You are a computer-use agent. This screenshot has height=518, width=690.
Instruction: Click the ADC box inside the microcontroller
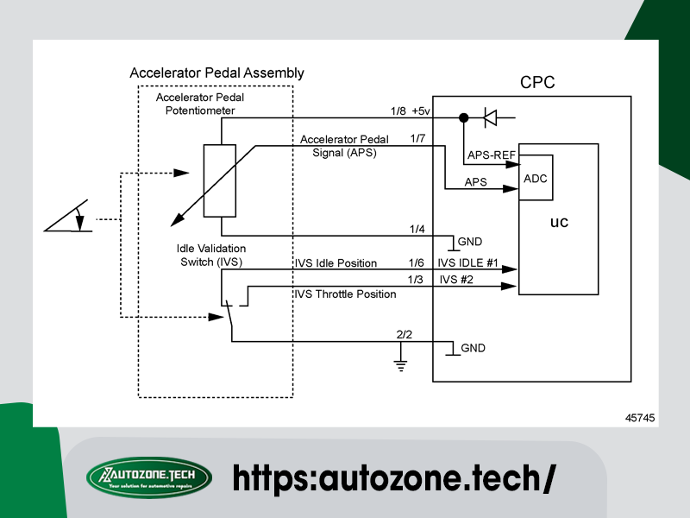pos(536,180)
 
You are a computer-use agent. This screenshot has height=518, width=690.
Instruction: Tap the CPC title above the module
pos(537,84)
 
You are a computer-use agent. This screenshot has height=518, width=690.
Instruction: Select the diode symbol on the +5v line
pos(490,117)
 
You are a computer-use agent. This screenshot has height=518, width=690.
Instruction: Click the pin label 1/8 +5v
pos(410,111)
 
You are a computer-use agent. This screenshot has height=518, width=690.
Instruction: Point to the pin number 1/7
pos(417,138)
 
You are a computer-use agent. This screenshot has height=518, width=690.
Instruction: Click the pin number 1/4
pos(417,229)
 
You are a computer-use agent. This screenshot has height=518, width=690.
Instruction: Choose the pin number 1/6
pos(417,262)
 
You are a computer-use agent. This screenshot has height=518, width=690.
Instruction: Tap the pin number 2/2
pos(404,332)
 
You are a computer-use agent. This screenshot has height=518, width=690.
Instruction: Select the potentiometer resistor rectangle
pos(220,180)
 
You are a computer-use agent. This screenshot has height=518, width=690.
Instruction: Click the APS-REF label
pos(491,155)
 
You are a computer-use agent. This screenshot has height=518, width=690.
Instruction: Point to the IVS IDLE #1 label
pos(468,262)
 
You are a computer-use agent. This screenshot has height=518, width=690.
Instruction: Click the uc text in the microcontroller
pos(559,223)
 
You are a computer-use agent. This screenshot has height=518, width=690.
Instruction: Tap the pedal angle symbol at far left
pos(69,218)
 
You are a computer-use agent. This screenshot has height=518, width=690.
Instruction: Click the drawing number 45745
pos(640,418)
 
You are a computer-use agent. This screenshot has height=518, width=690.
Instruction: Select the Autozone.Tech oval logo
pos(149,477)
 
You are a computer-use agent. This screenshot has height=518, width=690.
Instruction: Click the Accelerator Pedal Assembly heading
pos(216,73)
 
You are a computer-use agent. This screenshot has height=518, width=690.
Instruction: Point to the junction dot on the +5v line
pos(464,117)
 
